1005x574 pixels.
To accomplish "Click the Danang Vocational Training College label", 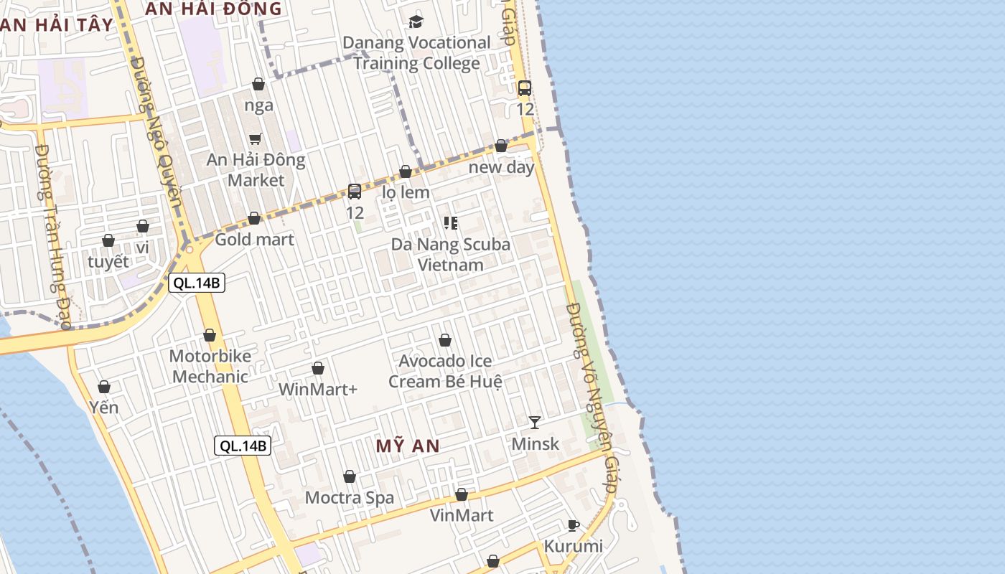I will click(416, 53).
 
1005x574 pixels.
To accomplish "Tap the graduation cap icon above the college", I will click(416, 22).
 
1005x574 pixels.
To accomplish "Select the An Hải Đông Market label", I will click(256, 170).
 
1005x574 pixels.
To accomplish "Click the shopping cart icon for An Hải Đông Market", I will click(256, 138).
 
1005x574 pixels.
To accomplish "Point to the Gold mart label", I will click(255, 240).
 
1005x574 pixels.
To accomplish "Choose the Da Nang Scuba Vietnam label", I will click(451, 254).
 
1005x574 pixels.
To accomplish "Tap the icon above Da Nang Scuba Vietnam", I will click(451, 223).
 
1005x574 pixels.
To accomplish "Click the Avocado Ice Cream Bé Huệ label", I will click(445, 371).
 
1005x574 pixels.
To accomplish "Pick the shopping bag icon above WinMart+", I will click(318, 369).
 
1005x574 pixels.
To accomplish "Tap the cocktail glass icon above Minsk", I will click(535, 422).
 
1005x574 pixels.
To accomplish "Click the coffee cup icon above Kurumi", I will click(573, 525).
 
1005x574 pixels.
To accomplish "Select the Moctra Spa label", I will click(350, 498).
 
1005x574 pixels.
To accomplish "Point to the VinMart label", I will click(462, 515).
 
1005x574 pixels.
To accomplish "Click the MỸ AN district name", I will click(408, 446).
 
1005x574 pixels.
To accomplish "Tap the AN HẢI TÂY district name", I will click(57, 25).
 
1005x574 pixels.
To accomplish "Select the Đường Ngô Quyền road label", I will click(158, 129).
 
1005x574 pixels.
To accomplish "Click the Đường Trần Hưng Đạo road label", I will click(54, 237).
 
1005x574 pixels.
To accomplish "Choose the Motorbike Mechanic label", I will click(210, 366).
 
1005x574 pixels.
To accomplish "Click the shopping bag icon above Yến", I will click(104, 387).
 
